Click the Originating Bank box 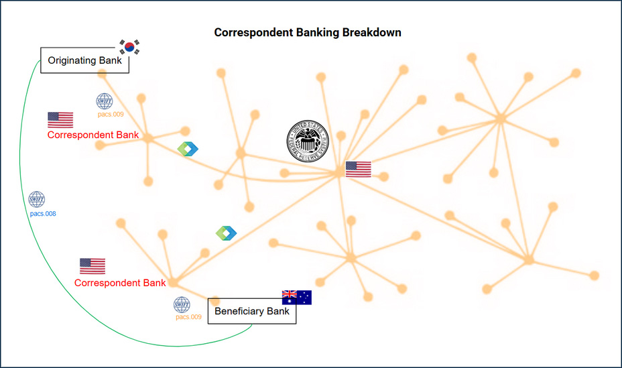[84, 60]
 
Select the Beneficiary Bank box [252, 311]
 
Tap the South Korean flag [130, 46]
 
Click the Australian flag [296, 297]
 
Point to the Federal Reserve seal [309, 142]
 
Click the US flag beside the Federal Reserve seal [358, 169]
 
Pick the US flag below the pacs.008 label [92, 266]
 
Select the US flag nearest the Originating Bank [60, 120]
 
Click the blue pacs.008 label [43, 214]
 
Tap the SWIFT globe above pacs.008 [37, 200]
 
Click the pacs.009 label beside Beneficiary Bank [188, 317]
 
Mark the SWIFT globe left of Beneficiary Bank [182, 305]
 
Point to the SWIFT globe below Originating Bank [105, 102]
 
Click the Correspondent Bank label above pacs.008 [93, 135]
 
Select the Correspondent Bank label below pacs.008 [120, 283]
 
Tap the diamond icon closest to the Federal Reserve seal [188, 149]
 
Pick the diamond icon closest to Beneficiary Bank [226, 233]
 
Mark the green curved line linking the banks [25, 201]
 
